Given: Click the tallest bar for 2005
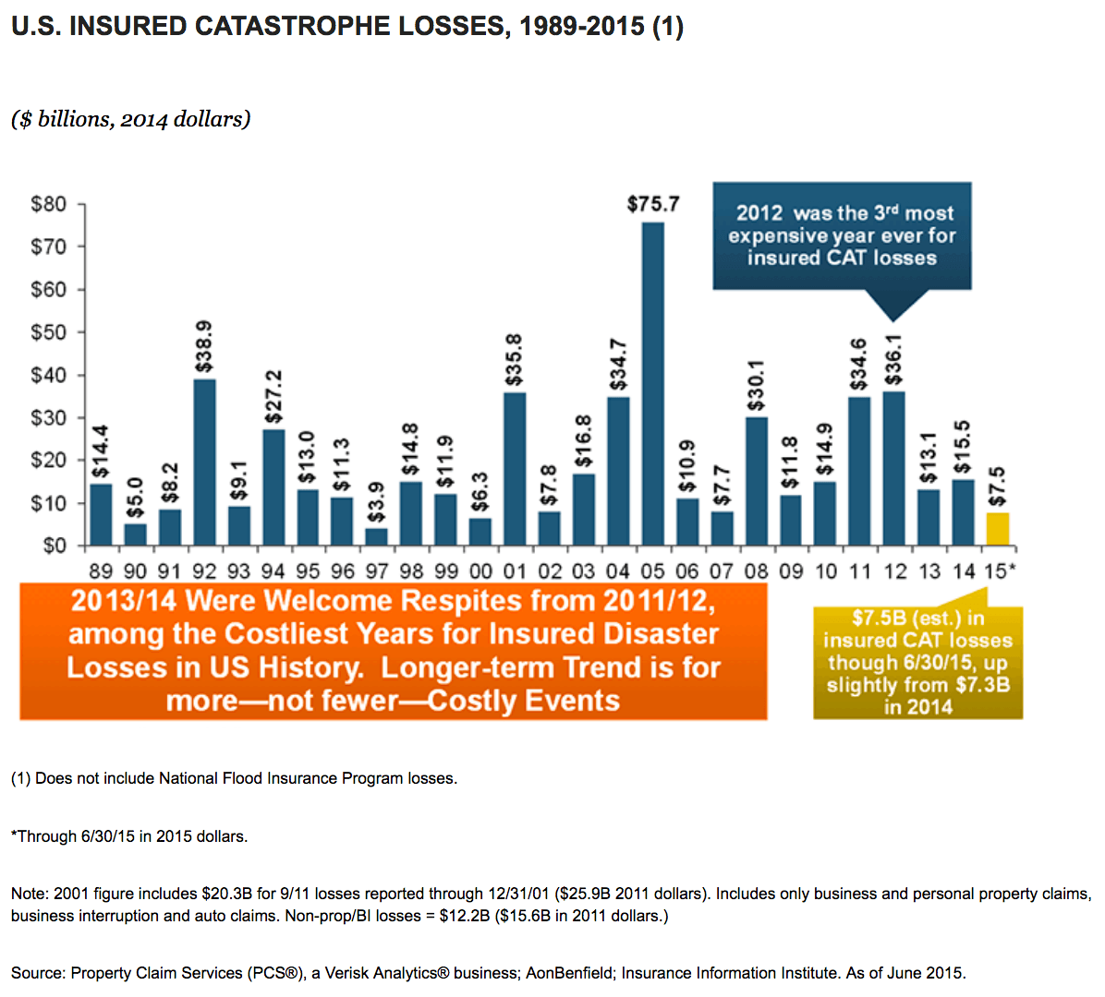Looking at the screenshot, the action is pos(652,384).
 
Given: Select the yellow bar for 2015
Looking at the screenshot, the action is pos(997,529).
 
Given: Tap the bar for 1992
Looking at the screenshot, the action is pos(204,462).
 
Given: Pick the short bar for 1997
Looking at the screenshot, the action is pos(376,536).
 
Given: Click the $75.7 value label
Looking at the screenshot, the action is pos(653,204).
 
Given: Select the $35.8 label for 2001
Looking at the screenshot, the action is pos(514,360).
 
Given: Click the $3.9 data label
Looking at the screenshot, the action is pos(376,502).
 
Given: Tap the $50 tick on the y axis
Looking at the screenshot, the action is pos(49,332).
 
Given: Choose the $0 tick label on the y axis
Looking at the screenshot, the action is pos(55,546).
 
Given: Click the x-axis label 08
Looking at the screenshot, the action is pos(756,571).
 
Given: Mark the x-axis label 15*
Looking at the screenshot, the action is pos(1000,571).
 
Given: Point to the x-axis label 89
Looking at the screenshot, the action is pos(101,571).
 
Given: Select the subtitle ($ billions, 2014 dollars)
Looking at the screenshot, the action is pos(131,119).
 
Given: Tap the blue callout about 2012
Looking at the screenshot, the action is pos(842,236).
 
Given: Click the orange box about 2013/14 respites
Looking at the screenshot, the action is pos(394,652).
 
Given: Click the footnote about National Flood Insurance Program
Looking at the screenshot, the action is pos(234,778).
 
